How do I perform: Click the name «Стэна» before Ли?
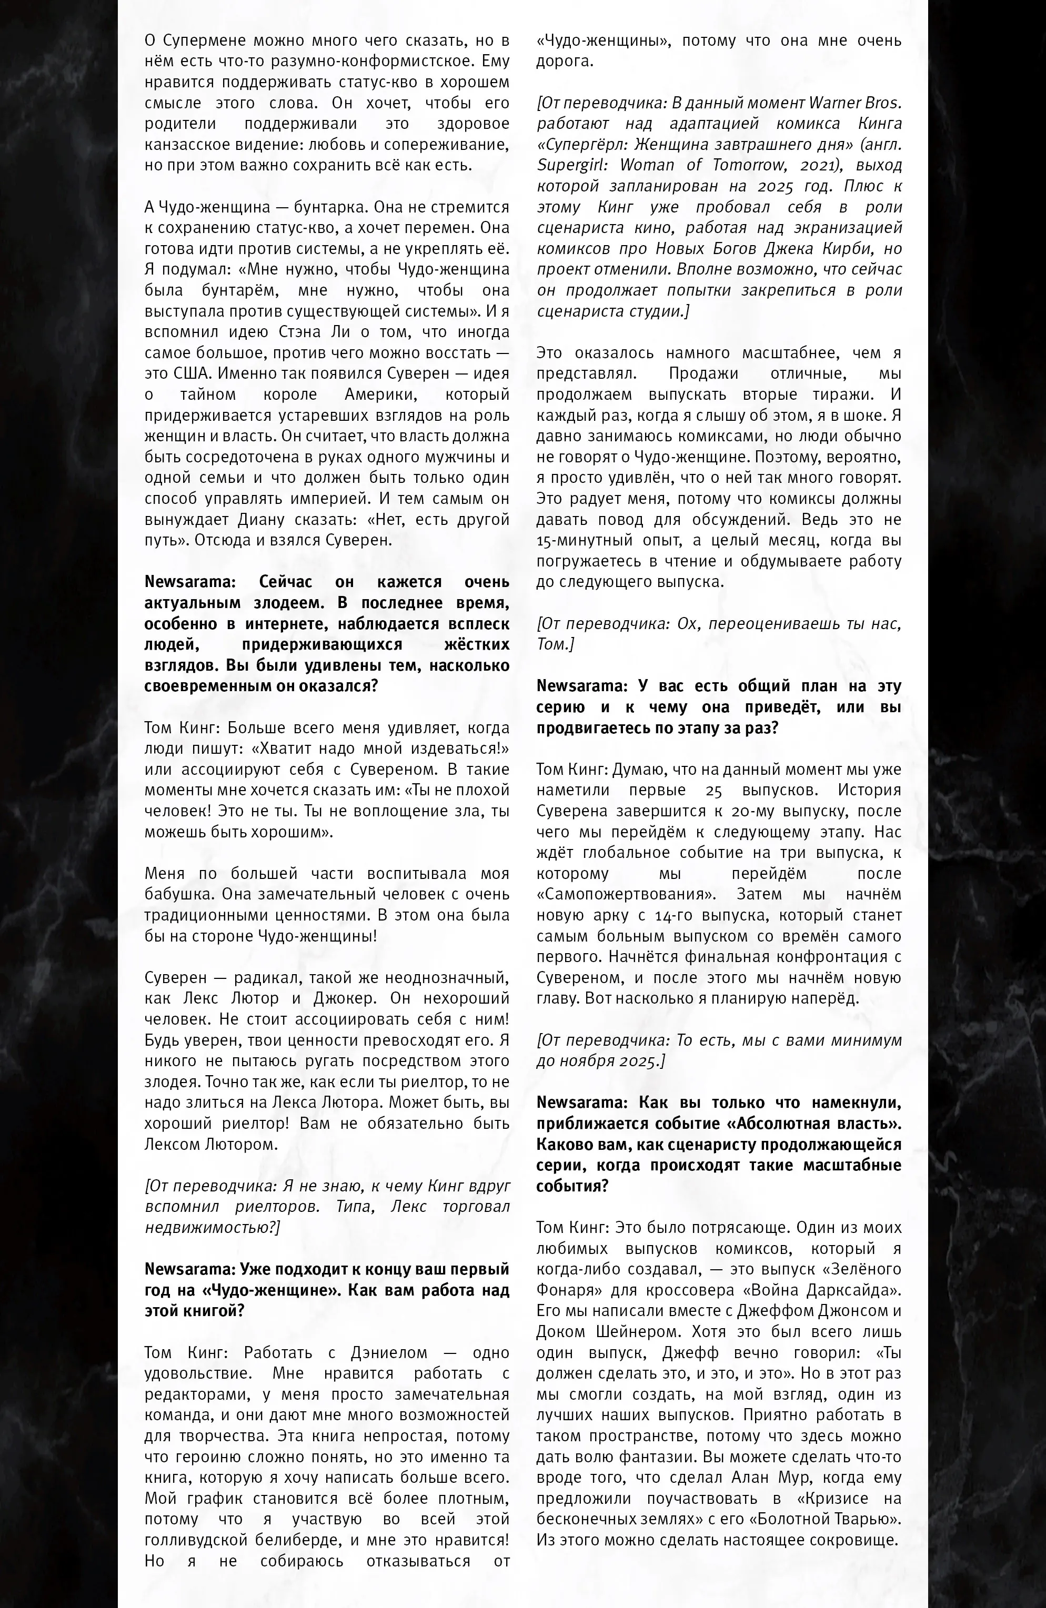click(x=300, y=332)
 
